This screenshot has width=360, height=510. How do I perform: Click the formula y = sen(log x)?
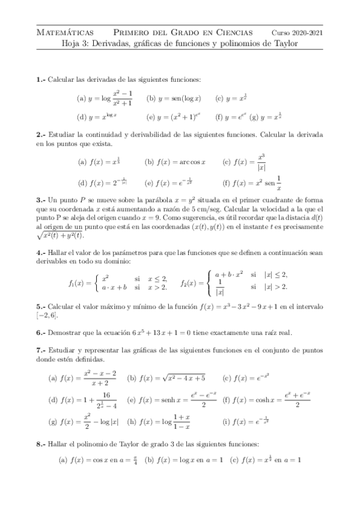click(174, 98)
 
